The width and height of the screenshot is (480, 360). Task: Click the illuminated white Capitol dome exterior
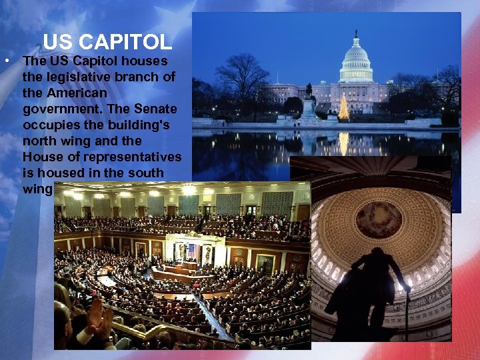(357, 63)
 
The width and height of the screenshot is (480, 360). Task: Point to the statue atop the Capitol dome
(357, 31)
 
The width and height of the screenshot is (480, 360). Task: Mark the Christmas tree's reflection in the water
(344, 142)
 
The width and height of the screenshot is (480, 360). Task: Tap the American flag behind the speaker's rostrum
(193, 250)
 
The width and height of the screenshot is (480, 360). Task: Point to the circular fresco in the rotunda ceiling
(378, 220)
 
